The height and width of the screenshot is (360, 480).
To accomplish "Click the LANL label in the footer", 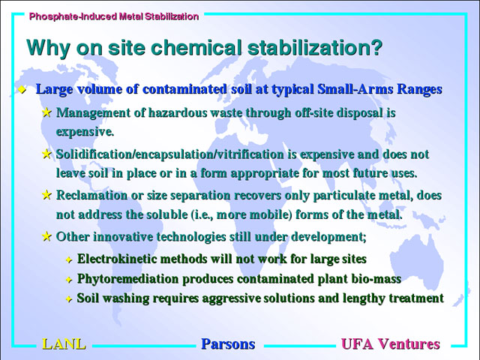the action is point(64,344).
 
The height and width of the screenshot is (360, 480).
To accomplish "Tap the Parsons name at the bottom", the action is point(228,344).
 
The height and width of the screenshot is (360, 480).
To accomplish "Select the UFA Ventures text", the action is point(391,344).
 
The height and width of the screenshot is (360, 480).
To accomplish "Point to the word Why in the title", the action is point(48,48).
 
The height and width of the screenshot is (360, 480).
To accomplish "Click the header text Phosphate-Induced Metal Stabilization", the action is point(114,16).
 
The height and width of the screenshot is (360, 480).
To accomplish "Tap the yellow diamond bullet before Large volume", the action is point(22,90).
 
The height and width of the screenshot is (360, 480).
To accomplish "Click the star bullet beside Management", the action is point(46,112).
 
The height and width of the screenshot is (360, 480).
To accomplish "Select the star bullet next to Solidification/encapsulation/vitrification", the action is point(46,154).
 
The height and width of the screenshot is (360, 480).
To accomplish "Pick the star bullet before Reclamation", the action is point(46,195).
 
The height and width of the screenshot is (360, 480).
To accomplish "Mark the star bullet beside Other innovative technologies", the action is point(46,236).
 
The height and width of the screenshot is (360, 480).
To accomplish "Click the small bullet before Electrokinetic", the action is point(69,260).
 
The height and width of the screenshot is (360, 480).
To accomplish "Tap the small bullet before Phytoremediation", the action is point(69,280).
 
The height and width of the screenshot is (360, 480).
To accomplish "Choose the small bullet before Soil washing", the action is point(69,299).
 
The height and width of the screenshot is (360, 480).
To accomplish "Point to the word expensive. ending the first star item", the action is point(85,132).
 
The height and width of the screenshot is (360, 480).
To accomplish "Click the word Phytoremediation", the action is point(127,279).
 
